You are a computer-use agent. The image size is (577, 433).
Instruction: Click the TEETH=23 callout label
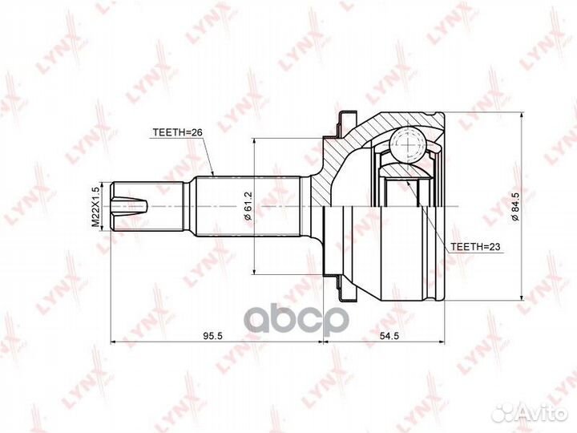(x=474, y=248)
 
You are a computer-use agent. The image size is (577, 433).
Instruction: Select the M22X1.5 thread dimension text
(x=95, y=207)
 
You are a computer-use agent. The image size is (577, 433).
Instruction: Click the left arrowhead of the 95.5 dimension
(x=113, y=342)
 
